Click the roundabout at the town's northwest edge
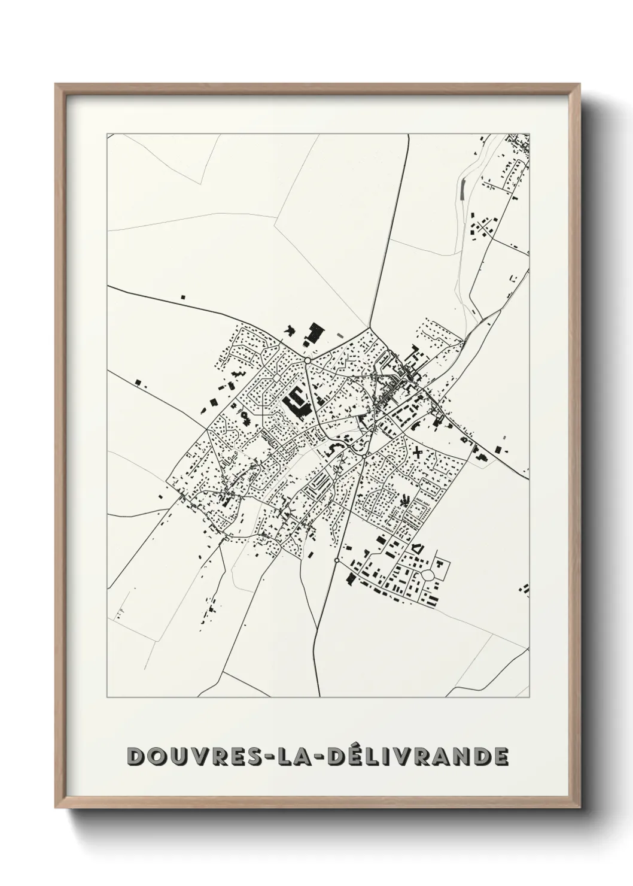coord(307,361)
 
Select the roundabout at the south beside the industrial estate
coord(337,560)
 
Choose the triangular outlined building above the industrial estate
coord(418,548)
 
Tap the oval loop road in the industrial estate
coord(428,575)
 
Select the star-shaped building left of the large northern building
coord(291,330)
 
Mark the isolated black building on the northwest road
coord(184,296)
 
